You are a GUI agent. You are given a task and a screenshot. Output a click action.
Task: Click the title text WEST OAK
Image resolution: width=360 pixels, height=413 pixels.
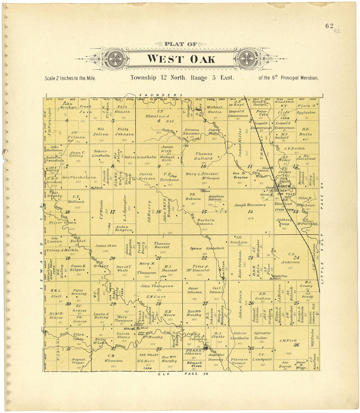point(181,59)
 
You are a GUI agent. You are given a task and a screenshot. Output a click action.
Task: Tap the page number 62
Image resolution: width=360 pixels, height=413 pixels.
point(329,26)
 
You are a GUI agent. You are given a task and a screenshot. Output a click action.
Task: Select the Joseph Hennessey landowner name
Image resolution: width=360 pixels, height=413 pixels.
point(250,205)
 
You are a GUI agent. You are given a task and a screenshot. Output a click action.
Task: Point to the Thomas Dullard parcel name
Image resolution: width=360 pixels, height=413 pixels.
point(204,156)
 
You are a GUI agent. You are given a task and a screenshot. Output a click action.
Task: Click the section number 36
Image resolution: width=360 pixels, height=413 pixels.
point(296,345)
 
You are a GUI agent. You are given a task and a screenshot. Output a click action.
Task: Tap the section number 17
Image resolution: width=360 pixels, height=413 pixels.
point(112,212)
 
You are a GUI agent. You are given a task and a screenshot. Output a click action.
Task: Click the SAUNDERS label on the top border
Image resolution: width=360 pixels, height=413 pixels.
point(160,95)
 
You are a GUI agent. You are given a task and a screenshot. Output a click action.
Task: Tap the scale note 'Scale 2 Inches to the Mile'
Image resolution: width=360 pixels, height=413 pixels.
point(70,79)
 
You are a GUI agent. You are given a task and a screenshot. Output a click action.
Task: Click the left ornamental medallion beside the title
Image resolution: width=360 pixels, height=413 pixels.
point(116,59)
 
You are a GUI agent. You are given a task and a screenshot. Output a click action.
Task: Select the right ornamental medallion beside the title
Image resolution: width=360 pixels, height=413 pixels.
point(247,59)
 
